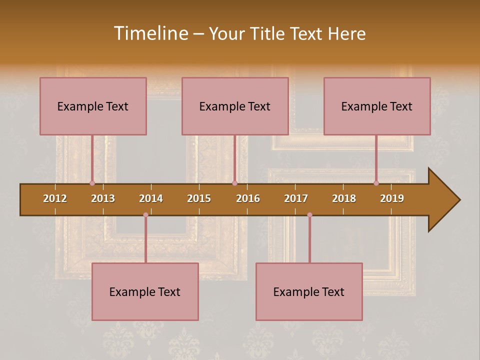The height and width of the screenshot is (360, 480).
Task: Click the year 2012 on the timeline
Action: [55, 198]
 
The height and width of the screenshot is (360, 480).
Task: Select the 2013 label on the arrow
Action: [103, 198]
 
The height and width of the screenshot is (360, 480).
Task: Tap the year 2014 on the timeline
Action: [151, 198]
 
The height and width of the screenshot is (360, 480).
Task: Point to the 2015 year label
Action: [199, 198]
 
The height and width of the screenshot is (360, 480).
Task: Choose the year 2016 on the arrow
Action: [248, 198]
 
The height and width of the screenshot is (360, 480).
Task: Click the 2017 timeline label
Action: [296, 198]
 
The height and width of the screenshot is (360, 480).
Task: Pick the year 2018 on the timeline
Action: [344, 198]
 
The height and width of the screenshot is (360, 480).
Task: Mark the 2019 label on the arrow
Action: [392, 198]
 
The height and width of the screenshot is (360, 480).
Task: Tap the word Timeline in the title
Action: [150, 33]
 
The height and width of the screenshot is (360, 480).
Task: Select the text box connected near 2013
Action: [93, 106]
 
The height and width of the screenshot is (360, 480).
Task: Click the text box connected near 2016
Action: [235, 106]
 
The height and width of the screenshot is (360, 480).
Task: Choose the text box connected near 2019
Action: [377, 106]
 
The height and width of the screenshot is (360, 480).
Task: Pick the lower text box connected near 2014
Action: [145, 291]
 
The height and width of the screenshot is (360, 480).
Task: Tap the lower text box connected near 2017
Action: [309, 291]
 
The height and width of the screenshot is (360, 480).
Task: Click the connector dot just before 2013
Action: [92, 183]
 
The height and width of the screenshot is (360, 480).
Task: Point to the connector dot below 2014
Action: [145, 215]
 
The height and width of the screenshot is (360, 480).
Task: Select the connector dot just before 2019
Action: [376, 183]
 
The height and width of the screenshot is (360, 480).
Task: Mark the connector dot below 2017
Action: [309, 215]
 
